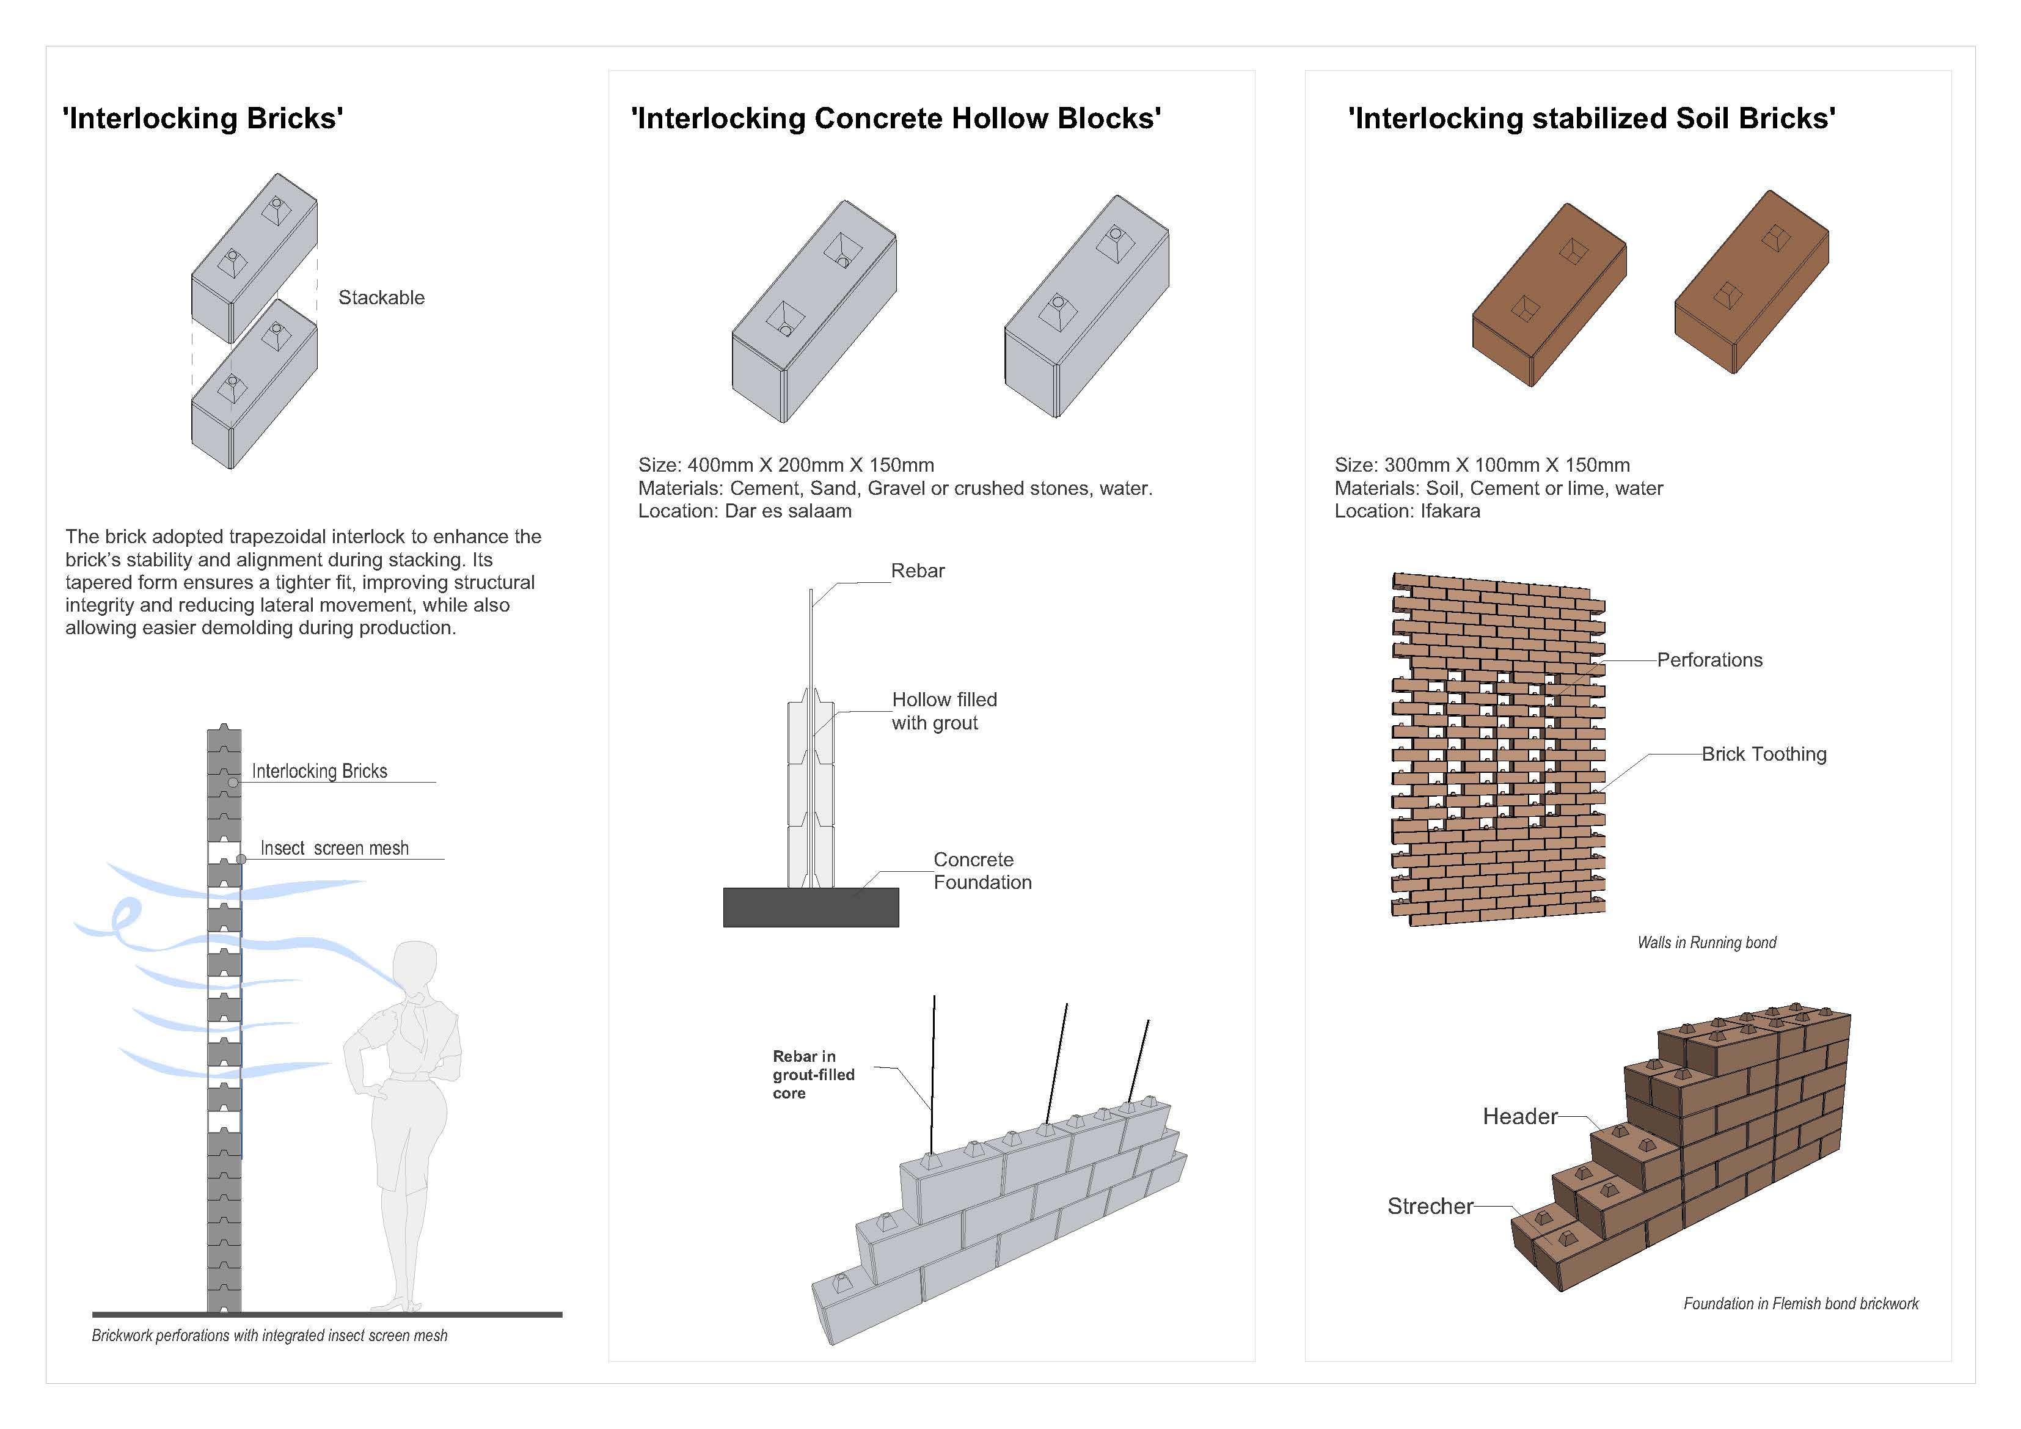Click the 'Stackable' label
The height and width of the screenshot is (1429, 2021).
click(381, 298)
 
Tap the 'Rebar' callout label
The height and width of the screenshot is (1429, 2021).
click(917, 571)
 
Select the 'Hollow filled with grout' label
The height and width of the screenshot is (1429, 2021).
click(944, 711)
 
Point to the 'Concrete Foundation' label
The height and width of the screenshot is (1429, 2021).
click(981, 871)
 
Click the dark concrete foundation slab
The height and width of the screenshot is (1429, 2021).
click(811, 907)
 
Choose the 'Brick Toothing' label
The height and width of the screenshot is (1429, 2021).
click(1763, 755)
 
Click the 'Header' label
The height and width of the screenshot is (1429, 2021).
click(1519, 1116)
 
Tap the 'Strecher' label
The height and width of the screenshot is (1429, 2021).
click(1430, 1206)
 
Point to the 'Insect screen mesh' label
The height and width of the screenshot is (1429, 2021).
click(334, 848)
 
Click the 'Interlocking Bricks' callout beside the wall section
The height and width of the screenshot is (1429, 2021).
click(319, 771)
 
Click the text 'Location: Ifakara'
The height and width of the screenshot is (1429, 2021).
click(1406, 511)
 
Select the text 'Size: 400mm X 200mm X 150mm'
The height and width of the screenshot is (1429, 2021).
click(785, 465)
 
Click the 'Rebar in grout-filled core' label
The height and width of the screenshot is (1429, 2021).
click(813, 1074)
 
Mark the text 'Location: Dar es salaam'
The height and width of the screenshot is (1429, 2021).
click(745, 511)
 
